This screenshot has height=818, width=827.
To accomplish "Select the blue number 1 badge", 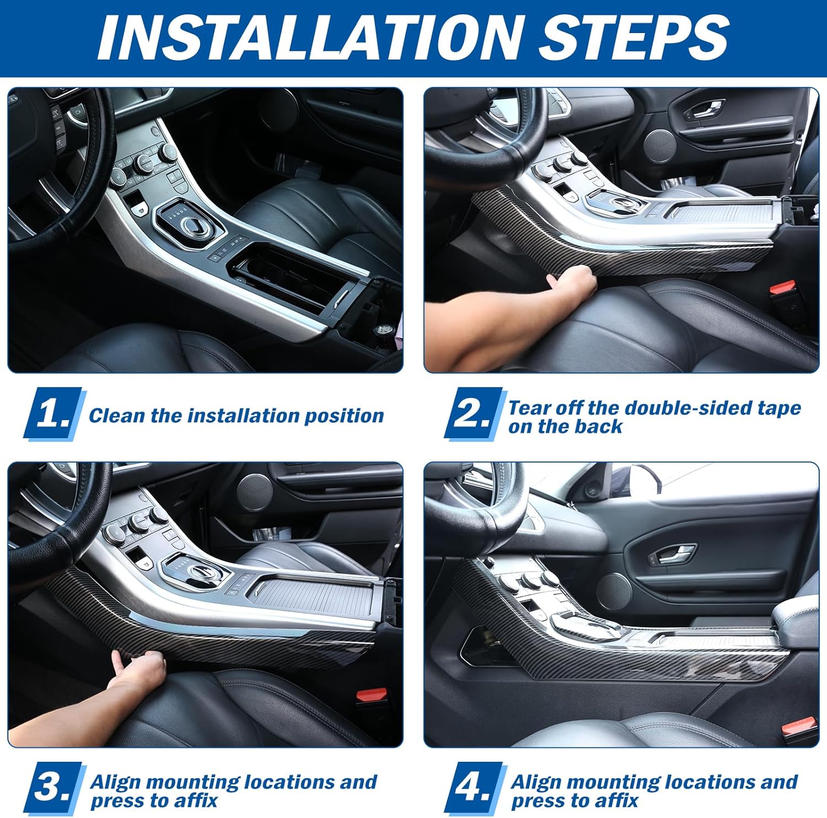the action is click(x=54, y=413).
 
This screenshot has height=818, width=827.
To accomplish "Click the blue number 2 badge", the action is click(x=475, y=413).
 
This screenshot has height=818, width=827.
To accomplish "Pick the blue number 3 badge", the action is click(x=54, y=788).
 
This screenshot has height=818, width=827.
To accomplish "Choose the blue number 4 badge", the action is click(x=475, y=788).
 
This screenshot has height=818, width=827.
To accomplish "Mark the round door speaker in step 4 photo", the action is click(x=614, y=588).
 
